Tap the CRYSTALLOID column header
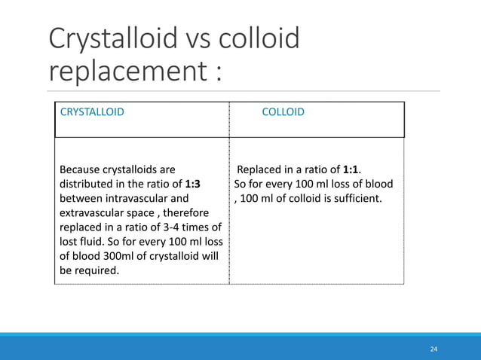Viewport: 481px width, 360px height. click(93, 112)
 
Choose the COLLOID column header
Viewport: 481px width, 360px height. click(283, 112)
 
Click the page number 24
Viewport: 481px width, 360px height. click(434, 349)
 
